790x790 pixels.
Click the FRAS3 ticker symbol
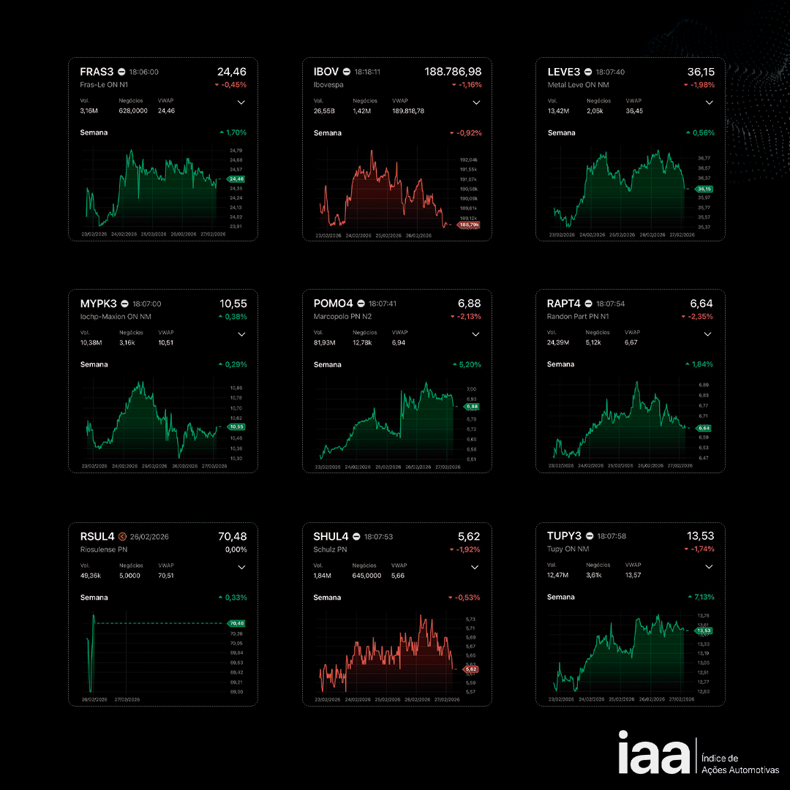coord(97,72)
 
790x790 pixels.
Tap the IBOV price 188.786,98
coord(453,72)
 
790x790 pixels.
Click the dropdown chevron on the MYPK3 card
coord(242,334)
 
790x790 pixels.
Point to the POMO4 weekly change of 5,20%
coord(468,364)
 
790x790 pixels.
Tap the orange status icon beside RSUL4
coord(122,536)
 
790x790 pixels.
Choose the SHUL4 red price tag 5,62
coord(470,669)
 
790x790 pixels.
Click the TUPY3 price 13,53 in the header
coord(700,535)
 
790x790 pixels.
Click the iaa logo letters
coord(653,753)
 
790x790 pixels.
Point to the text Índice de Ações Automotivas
coord(740,764)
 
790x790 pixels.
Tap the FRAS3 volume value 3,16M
coord(89,111)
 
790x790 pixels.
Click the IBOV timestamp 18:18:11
coord(367,72)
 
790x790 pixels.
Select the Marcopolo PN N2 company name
coord(342,317)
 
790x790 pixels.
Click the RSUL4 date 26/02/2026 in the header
coord(149,537)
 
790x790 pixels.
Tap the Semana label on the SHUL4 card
coord(327,598)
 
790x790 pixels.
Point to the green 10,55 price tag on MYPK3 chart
coord(236,426)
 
